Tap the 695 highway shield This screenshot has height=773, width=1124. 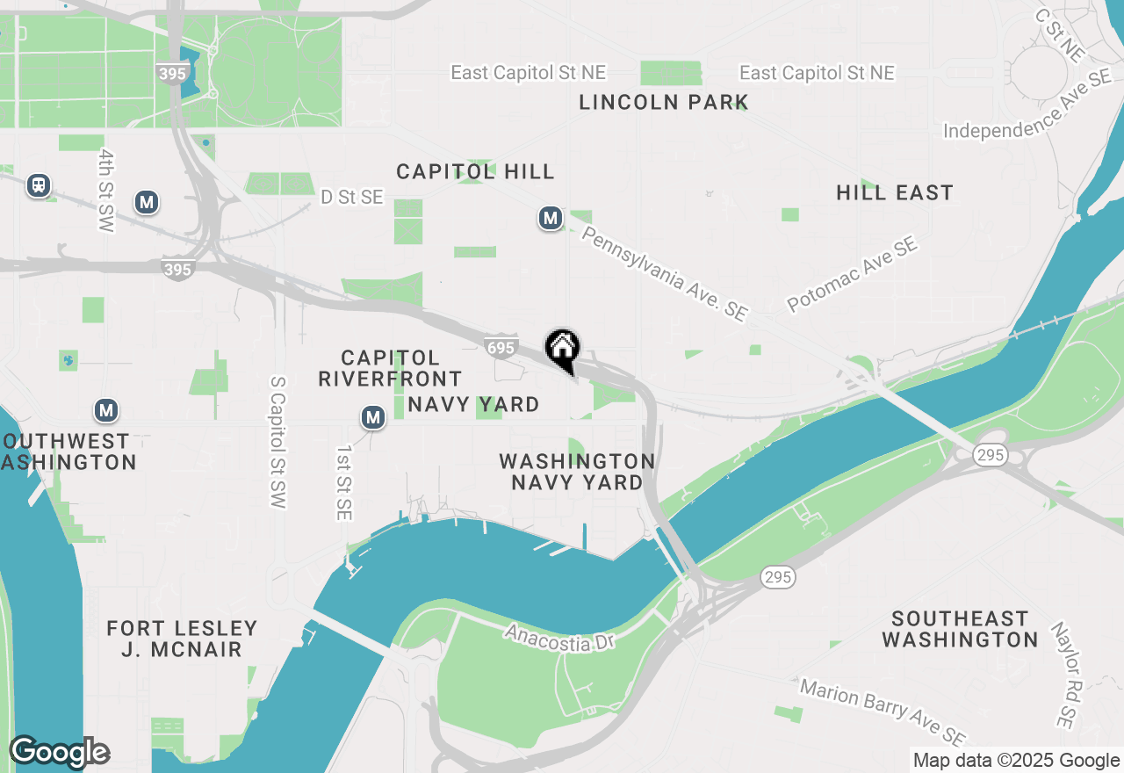(501, 348)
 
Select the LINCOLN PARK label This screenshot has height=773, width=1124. (664, 103)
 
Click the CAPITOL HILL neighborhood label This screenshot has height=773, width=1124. (475, 171)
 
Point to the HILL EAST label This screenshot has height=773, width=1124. (895, 192)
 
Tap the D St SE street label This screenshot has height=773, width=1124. (351, 198)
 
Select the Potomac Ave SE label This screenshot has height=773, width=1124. (853, 273)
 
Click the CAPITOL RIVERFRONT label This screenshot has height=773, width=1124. (390, 368)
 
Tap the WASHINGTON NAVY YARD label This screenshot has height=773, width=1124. (577, 472)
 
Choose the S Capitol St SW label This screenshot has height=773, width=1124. (277, 443)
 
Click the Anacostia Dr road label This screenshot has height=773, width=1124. (558, 638)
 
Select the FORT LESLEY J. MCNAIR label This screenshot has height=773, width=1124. (183, 639)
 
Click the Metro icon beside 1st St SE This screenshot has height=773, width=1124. (374, 417)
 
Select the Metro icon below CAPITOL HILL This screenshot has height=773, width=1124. (551, 218)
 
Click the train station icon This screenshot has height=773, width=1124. (39, 185)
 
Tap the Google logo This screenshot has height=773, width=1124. (60, 752)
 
